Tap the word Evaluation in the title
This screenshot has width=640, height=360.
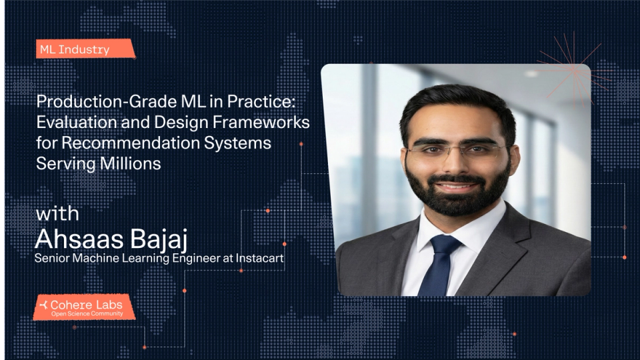77,124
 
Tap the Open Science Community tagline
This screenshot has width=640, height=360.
87,314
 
